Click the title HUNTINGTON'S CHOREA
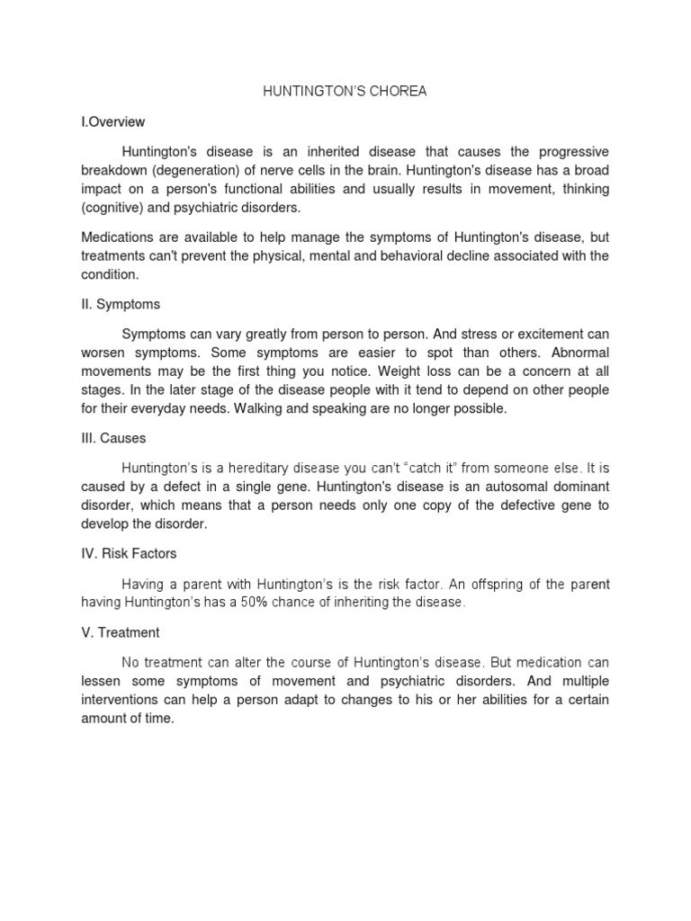pos(345,93)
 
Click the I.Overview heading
pos(113,121)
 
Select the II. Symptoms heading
pos(121,304)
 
